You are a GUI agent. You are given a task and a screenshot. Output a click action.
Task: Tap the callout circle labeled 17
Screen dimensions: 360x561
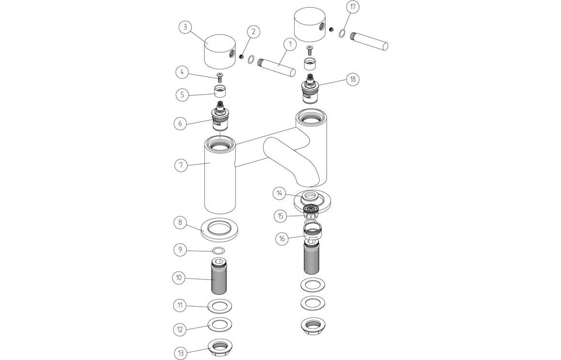tap(353, 8)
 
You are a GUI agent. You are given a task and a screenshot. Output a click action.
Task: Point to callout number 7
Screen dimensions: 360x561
tap(181, 164)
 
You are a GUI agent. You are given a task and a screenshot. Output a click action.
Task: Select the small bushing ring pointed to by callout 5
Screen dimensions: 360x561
tap(220, 90)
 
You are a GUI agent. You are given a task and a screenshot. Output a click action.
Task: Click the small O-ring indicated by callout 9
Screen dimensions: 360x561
tap(219, 250)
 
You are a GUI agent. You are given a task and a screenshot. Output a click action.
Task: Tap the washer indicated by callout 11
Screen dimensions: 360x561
tap(219, 307)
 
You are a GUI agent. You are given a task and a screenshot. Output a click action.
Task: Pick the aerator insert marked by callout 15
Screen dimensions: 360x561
tap(310, 211)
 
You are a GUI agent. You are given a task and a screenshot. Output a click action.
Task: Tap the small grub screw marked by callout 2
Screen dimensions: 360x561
tap(241, 57)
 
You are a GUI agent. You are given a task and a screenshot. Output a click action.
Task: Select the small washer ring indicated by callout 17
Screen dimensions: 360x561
tap(342, 33)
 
